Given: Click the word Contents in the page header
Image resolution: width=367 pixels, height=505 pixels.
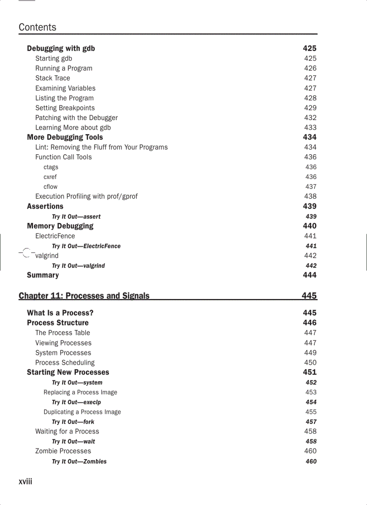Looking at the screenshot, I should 37,27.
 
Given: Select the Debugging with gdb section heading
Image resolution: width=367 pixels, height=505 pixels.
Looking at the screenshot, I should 61,49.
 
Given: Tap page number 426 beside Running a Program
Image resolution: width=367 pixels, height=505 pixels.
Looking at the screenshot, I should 310,68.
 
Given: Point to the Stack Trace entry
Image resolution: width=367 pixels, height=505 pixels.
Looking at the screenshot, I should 53,78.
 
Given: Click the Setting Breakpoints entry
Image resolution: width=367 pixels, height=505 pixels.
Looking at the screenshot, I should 65,108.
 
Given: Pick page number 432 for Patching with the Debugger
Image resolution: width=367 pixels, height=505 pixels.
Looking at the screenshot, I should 310,118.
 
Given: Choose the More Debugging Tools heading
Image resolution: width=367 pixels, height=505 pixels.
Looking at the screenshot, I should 65,137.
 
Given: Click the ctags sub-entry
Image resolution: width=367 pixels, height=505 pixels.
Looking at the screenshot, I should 51,167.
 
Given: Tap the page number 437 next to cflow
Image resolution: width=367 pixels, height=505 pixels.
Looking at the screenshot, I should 310,187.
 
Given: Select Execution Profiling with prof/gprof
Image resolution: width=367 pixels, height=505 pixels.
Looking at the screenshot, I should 86,197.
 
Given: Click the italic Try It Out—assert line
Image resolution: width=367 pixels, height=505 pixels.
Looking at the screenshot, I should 76,217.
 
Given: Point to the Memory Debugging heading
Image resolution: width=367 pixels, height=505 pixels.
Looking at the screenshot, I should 60,226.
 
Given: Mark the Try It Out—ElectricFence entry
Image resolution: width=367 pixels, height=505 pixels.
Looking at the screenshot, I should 86,246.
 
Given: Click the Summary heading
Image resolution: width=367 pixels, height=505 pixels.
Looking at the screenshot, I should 43,275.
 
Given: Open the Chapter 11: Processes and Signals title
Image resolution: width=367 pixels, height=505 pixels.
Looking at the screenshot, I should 84,296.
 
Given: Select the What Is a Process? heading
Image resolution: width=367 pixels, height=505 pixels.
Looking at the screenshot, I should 60,313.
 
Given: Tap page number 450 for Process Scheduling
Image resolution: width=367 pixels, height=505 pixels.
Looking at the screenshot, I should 310,362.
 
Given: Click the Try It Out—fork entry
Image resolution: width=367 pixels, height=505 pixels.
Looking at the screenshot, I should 73,422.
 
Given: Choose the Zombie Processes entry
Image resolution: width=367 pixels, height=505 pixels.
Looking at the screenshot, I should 63,451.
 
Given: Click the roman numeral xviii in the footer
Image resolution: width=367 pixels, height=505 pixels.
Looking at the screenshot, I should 25,482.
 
